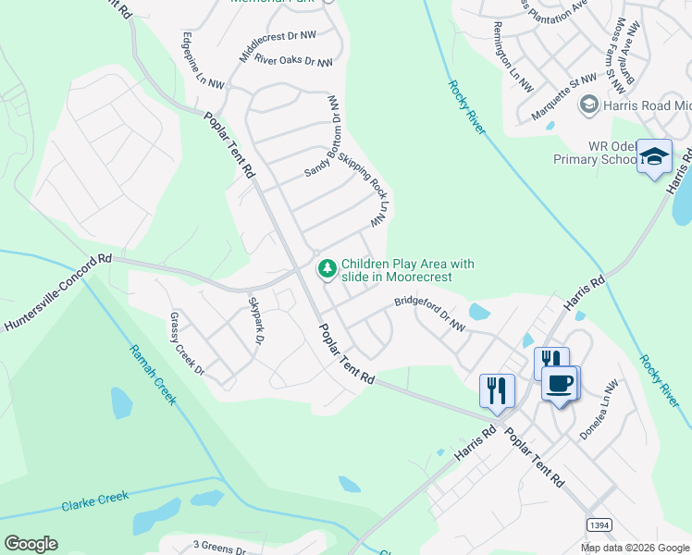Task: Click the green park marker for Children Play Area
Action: [x=327, y=269]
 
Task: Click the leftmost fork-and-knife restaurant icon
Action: [x=497, y=389]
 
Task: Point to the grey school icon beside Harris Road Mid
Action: [x=587, y=106]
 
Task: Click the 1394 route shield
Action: [x=600, y=524]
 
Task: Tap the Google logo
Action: [x=31, y=544]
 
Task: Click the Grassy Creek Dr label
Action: [x=186, y=342]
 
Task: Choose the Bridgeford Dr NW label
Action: [x=429, y=314]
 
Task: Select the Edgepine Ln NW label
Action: [x=203, y=60]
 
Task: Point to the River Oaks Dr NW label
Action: [x=292, y=60]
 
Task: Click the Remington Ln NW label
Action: [x=514, y=56]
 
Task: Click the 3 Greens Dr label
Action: [x=218, y=549]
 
